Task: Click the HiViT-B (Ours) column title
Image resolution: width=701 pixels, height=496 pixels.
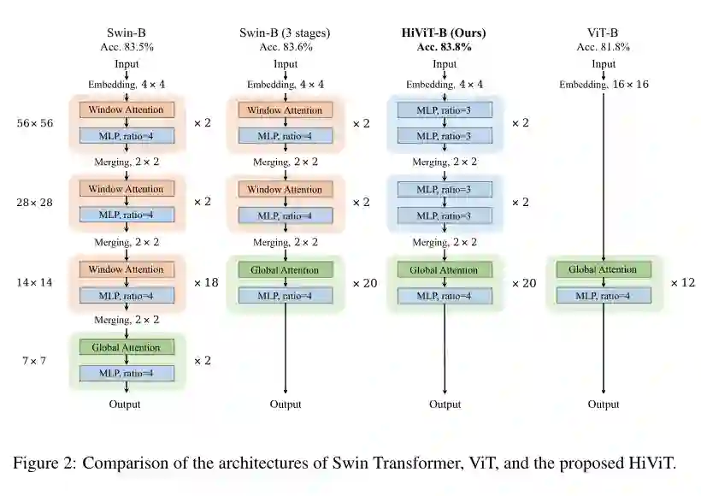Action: tap(444, 33)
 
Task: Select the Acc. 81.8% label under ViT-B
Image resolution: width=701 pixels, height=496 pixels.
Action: tap(604, 47)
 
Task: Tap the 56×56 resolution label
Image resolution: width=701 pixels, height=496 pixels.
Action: tap(35, 123)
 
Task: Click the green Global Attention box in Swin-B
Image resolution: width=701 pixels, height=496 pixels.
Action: tap(127, 347)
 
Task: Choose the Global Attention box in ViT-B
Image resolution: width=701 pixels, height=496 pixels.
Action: tap(603, 269)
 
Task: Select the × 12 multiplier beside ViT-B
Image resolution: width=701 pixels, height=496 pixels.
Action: tap(682, 282)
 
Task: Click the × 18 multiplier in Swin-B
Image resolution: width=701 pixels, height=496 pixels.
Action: tap(206, 282)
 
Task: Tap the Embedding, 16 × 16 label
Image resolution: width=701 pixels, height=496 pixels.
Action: tap(604, 85)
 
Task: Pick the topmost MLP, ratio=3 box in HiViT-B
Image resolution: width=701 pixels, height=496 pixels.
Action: tap(444, 110)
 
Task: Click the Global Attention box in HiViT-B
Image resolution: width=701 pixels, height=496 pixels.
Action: tap(444, 269)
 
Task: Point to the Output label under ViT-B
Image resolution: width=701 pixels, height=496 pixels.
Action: tap(604, 404)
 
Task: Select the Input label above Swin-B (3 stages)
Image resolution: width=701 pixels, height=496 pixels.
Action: tap(286, 64)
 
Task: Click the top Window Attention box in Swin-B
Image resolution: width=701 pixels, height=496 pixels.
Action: tap(127, 110)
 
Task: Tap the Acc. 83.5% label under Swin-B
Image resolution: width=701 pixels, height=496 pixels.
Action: tap(127, 47)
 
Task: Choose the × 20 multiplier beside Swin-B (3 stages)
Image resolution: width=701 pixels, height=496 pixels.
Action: tap(364, 282)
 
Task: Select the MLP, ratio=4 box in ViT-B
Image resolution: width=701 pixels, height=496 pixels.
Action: tap(603, 296)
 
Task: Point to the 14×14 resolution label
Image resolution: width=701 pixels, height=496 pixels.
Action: tap(35, 282)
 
